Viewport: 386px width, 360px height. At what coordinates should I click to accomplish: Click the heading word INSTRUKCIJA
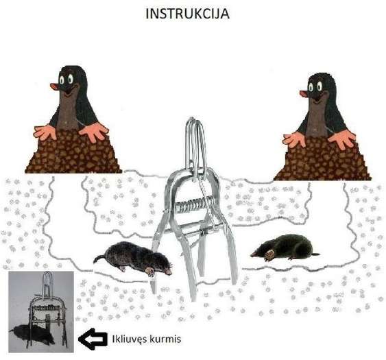tap(187, 14)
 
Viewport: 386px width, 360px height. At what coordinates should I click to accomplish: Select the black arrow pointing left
tap(93, 339)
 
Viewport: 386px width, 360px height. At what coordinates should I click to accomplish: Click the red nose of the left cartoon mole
tap(54, 86)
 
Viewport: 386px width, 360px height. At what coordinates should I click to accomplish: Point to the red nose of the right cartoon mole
tap(304, 93)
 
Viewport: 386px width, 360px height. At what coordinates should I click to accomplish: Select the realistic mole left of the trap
tap(133, 259)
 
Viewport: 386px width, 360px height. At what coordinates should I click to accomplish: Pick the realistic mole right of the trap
tap(286, 248)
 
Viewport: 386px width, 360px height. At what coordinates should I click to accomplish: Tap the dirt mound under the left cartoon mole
tap(73, 153)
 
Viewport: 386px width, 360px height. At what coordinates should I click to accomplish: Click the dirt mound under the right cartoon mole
tap(322, 160)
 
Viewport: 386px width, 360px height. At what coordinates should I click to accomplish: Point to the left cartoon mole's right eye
tap(71, 79)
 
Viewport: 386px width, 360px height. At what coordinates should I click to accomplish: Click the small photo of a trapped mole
tap(41, 312)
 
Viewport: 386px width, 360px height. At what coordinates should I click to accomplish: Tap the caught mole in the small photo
tap(32, 335)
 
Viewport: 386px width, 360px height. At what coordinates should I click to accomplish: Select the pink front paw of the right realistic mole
tap(269, 255)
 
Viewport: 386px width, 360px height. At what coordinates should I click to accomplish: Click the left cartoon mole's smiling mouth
tap(70, 91)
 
